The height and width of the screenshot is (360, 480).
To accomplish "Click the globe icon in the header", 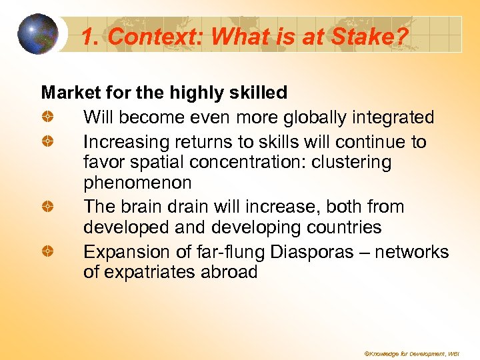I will [x=38, y=34].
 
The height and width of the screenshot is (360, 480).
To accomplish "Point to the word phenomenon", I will [x=137, y=183].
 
